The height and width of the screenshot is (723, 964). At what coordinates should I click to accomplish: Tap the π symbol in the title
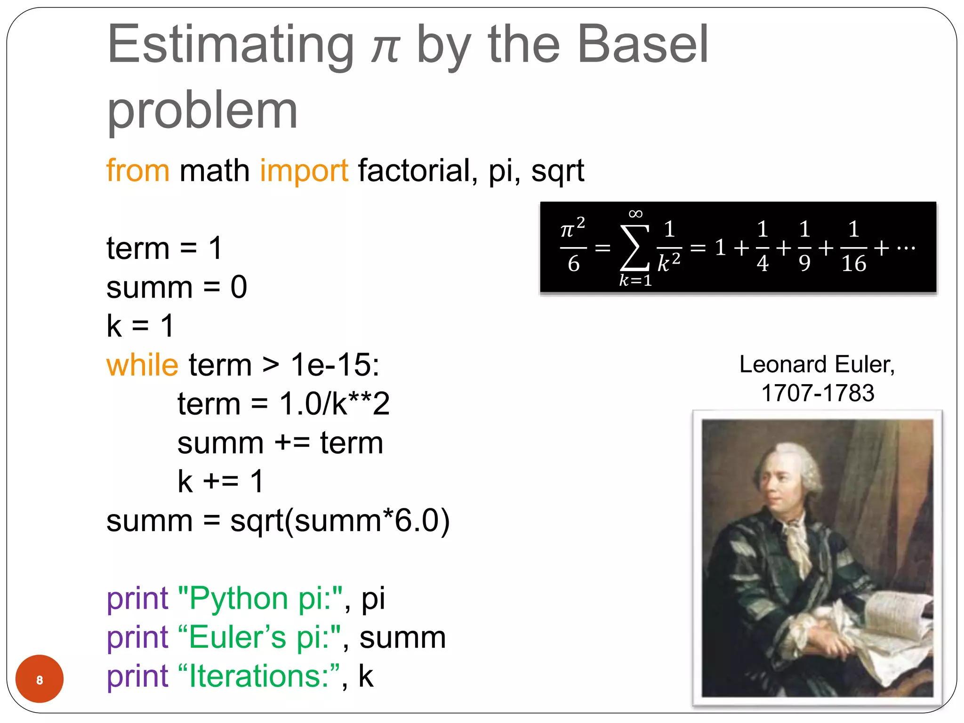pyautogui.click(x=385, y=49)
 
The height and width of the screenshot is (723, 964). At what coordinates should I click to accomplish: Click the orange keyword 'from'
pyautogui.click(x=137, y=170)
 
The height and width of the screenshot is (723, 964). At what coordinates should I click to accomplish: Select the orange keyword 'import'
pyautogui.click(x=304, y=171)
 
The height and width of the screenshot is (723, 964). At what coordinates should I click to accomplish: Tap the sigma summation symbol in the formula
pyautogui.click(x=635, y=247)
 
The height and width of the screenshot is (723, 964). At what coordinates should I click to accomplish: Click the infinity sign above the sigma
pyautogui.click(x=635, y=215)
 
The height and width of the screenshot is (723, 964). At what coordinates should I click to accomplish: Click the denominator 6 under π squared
pyautogui.click(x=573, y=264)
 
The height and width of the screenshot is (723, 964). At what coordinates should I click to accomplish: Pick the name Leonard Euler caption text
pyautogui.click(x=817, y=365)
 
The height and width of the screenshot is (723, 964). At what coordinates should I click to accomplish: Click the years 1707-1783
pyautogui.click(x=818, y=393)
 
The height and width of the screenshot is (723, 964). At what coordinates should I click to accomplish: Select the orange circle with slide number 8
pyautogui.click(x=40, y=679)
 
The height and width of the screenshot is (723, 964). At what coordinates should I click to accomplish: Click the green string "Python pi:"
pyautogui.click(x=260, y=599)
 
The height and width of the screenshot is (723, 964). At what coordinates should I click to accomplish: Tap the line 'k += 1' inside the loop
pyautogui.click(x=220, y=482)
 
